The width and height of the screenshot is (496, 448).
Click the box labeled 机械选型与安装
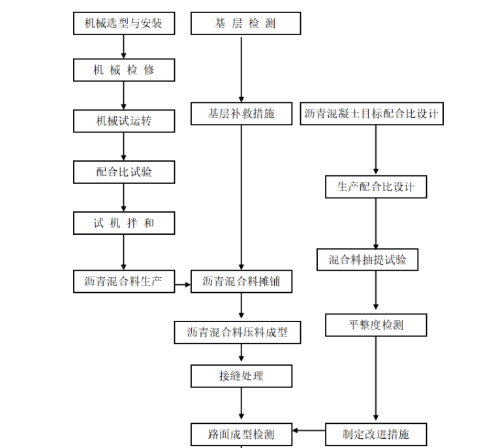[123, 24]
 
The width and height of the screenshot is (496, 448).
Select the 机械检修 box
[123, 70]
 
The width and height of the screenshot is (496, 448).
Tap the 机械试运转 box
[123, 121]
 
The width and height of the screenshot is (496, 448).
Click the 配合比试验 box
[123, 172]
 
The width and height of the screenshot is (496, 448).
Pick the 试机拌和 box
[123, 223]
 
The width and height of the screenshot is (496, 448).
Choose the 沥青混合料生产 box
[123, 282]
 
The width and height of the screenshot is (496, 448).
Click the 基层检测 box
[245, 24]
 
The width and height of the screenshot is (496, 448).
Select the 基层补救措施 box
[241, 113]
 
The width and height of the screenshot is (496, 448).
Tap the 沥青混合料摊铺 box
[241, 282]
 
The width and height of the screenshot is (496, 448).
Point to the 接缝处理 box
[241, 376]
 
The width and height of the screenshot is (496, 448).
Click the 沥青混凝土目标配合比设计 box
[371, 113]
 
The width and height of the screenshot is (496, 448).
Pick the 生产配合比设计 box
[375, 187]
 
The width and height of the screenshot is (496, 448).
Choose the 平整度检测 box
[375, 325]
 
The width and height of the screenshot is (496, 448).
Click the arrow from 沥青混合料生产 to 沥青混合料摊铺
[182, 283]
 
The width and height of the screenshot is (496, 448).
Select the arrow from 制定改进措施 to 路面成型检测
[309, 430]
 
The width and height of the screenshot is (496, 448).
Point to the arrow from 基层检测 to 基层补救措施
[241, 68]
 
